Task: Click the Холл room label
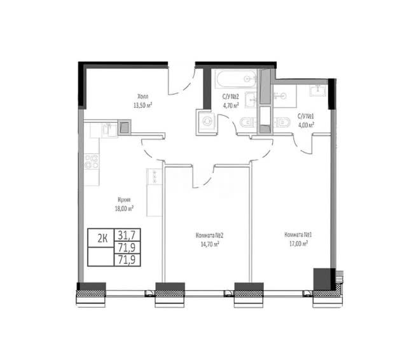click(x=143, y=97)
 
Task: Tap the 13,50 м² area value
click(x=142, y=106)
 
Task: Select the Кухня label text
click(x=124, y=200)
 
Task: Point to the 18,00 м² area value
click(x=125, y=209)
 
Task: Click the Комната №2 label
click(x=209, y=235)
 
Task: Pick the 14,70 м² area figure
click(x=210, y=244)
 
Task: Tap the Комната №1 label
click(x=298, y=235)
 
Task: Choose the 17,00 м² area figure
click(x=298, y=244)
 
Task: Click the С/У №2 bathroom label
click(x=230, y=97)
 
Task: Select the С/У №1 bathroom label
click(x=305, y=116)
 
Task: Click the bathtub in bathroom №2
click(x=236, y=79)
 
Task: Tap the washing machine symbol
click(x=207, y=122)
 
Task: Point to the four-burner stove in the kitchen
click(x=92, y=162)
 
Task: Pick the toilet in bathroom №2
click(x=248, y=122)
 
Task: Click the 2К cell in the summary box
click(x=102, y=238)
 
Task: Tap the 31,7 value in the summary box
click(x=127, y=235)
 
